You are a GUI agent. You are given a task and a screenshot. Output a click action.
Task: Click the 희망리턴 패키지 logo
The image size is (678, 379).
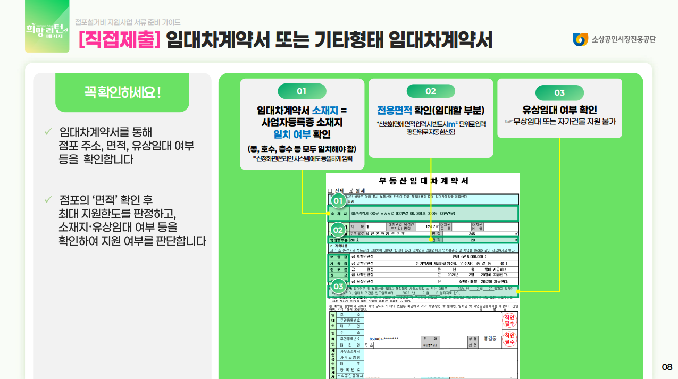click(x=47, y=26)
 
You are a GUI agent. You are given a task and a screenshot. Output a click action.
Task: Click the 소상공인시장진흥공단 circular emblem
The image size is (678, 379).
click(x=580, y=39)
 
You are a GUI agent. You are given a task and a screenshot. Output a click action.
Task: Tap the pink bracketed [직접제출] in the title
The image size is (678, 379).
click(x=119, y=40)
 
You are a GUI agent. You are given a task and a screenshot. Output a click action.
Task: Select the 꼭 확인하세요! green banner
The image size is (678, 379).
click(x=122, y=92)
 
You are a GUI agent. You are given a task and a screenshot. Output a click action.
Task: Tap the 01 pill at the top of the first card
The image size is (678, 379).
click(x=302, y=91)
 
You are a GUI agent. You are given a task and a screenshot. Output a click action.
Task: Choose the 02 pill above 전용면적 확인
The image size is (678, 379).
click(x=430, y=91)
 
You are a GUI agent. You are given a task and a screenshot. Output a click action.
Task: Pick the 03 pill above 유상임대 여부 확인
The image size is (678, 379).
click(x=559, y=92)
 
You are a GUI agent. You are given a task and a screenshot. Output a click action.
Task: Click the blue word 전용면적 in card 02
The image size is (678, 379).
click(x=395, y=111)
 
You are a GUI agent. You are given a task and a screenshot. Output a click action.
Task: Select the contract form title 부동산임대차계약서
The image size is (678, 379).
click(x=423, y=181)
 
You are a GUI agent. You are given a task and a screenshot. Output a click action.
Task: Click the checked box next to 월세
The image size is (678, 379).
click(x=351, y=190)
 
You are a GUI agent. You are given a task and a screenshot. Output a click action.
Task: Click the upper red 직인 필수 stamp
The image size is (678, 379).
click(x=509, y=321)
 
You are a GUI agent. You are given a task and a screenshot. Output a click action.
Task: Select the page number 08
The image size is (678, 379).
click(x=667, y=367)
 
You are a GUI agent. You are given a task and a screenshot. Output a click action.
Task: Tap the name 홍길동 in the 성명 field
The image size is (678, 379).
click(x=490, y=339)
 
